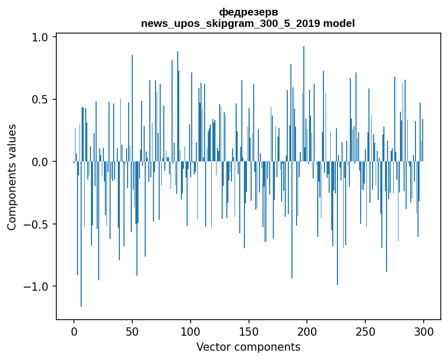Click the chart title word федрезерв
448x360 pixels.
click(248, 12)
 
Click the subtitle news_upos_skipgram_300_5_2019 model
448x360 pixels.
click(248, 23)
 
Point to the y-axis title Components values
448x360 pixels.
click(12, 177)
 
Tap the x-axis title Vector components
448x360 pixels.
click(248, 347)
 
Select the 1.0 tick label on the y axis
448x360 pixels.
click(41, 37)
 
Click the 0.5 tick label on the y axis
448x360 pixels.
click(41, 99)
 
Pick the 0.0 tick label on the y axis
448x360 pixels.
click(41, 162)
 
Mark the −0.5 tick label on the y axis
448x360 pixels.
click(37, 224)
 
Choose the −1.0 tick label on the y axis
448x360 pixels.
click(37, 287)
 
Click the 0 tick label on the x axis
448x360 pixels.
click(74, 331)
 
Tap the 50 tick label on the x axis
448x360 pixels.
click(132, 331)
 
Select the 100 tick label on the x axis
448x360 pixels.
click(191, 331)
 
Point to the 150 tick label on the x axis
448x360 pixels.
click(249, 331)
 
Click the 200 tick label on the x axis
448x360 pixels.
click(307, 331)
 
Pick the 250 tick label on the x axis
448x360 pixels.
click(366, 331)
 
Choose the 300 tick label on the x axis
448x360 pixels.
click(424, 331)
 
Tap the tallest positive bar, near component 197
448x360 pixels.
click(304, 103)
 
